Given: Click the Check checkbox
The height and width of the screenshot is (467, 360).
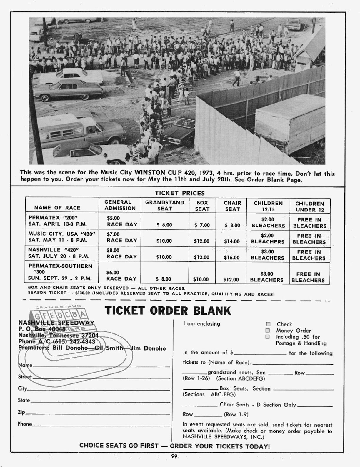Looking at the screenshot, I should (268, 324).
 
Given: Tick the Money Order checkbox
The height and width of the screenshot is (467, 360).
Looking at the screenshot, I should (268, 331).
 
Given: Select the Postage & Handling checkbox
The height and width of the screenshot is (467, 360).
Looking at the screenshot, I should (268, 337).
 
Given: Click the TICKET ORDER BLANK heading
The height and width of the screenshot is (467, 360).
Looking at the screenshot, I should (168, 311).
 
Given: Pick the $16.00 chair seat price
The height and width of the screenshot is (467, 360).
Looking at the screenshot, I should (232, 258).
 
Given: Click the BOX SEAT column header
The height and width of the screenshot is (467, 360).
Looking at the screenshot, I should (202, 206).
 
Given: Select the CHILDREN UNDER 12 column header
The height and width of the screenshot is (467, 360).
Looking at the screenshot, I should (310, 206).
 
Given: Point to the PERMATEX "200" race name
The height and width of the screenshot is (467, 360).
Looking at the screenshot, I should (53, 218).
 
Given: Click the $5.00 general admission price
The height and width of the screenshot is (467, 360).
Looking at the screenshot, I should (113, 218).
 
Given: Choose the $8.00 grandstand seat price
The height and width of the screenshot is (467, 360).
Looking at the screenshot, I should (164, 279).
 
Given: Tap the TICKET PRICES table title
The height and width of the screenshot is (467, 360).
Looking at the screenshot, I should (179, 193).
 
